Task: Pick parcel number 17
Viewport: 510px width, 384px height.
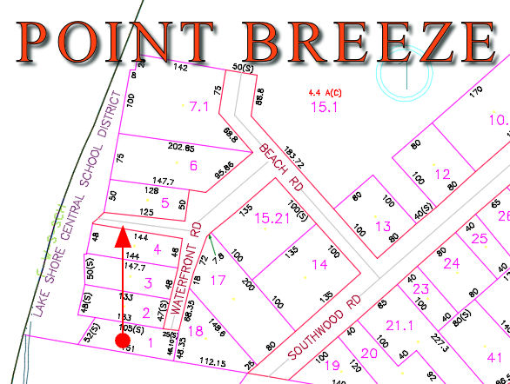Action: point(218,279)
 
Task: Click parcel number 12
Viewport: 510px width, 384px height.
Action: point(443,174)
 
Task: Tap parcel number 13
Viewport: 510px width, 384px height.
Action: point(383,227)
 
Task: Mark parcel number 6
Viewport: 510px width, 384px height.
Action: point(193,166)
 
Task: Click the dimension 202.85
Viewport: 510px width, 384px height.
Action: point(180,148)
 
